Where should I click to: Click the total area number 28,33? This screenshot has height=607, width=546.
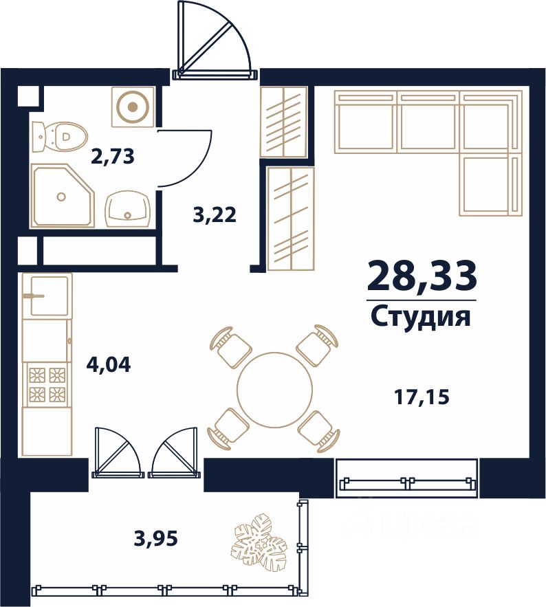[x=422, y=276]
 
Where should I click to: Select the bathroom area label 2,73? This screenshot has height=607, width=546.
[x=113, y=157]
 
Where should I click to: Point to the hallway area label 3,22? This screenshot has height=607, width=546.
[x=215, y=214]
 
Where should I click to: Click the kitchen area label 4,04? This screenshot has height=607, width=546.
[x=109, y=364]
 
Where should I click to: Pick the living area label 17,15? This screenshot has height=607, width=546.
[x=422, y=397]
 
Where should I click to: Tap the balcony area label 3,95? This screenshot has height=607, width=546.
[x=155, y=538]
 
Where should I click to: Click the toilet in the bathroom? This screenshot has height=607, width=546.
[x=60, y=136]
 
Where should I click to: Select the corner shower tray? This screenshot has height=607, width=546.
[x=63, y=195]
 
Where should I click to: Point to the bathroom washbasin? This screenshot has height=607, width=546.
[x=127, y=208]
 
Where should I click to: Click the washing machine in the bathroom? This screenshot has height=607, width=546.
[x=133, y=107]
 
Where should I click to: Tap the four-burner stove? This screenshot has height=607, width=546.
[x=47, y=384]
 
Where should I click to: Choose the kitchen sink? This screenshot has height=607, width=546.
[x=47, y=296]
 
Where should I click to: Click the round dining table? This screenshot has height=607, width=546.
[x=274, y=389]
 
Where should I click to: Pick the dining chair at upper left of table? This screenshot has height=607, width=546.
[x=230, y=346]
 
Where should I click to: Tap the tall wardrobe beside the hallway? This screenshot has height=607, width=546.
[x=291, y=219]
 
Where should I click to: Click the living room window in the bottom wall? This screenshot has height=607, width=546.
[x=407, y=478]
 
